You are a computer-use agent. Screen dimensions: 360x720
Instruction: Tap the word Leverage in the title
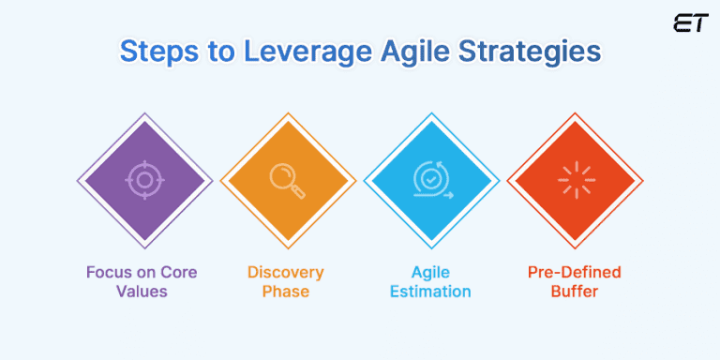[x=284, y=51]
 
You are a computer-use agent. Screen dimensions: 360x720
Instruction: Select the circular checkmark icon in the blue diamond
[x=431, y=178]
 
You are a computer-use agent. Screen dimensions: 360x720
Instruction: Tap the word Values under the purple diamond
[x=144, y=292]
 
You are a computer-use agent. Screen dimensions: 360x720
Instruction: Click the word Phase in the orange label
[x=286, y=292]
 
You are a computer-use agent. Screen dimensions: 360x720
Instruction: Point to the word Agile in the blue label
[x=431, y=273]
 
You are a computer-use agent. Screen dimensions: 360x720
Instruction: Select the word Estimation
[x=431, y=292]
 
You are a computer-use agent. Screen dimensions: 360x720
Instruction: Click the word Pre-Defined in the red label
[x=575, y=273]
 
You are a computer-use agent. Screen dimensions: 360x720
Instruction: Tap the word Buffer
[x=575, y=292]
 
